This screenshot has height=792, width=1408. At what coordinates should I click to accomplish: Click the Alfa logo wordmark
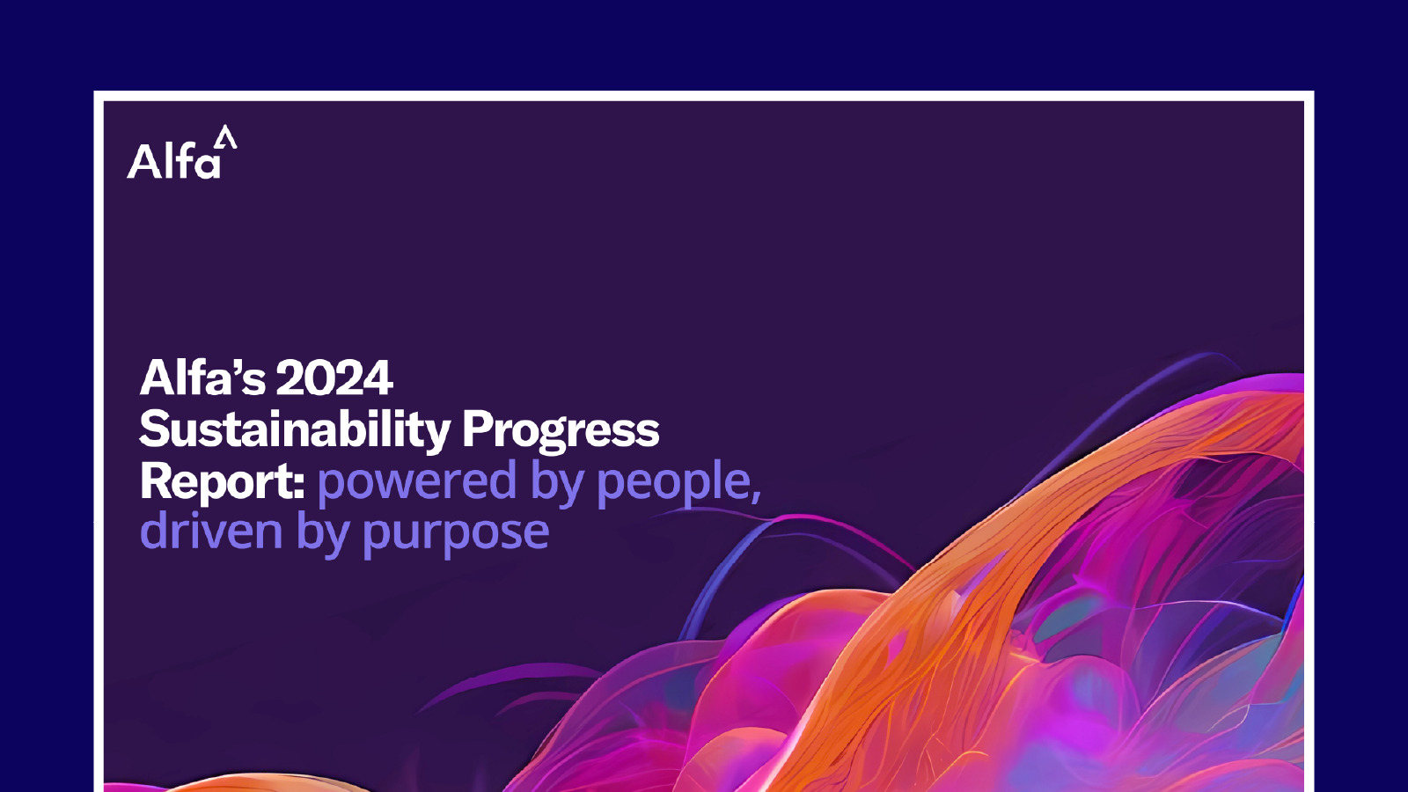click(174, 162)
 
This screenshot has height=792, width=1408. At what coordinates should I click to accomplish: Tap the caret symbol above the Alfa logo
click(226, 137)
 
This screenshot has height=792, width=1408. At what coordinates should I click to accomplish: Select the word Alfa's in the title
click(202, 378)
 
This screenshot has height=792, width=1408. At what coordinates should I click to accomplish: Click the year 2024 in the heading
click(334, 378)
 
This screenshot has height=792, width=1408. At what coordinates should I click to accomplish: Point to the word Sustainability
click(295, 430)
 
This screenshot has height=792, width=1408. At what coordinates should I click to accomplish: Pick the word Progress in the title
click(561, 430)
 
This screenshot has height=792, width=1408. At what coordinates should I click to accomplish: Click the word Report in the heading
click(217, 481)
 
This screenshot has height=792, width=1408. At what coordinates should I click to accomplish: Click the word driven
click(211, 532)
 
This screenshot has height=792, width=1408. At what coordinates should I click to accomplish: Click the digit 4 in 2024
click(378, 378)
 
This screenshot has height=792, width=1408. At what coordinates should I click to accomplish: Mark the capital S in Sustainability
click(153, 429)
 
